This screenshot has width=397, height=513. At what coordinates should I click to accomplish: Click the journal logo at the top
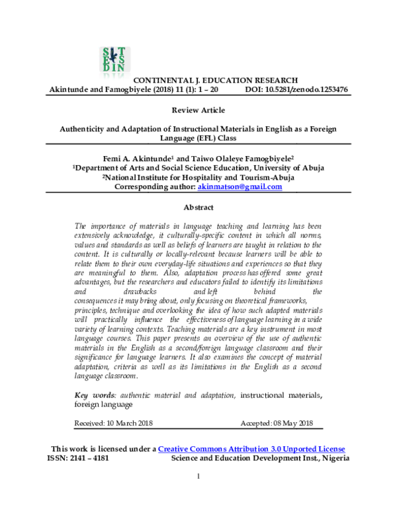(116, 61)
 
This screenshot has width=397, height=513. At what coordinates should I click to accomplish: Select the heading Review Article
(198, 110)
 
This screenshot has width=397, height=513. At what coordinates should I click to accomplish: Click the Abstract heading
(198, 206)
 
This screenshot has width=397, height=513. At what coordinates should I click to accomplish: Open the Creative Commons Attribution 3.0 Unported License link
(251, 449)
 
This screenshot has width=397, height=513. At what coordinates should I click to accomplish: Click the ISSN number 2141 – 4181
(93, 457)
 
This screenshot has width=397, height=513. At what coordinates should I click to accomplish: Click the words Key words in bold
(93, 395)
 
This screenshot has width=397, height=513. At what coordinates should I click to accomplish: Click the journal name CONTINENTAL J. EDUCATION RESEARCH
(197, 79)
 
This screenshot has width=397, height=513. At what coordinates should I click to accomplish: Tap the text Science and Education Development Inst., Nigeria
(260, 457)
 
